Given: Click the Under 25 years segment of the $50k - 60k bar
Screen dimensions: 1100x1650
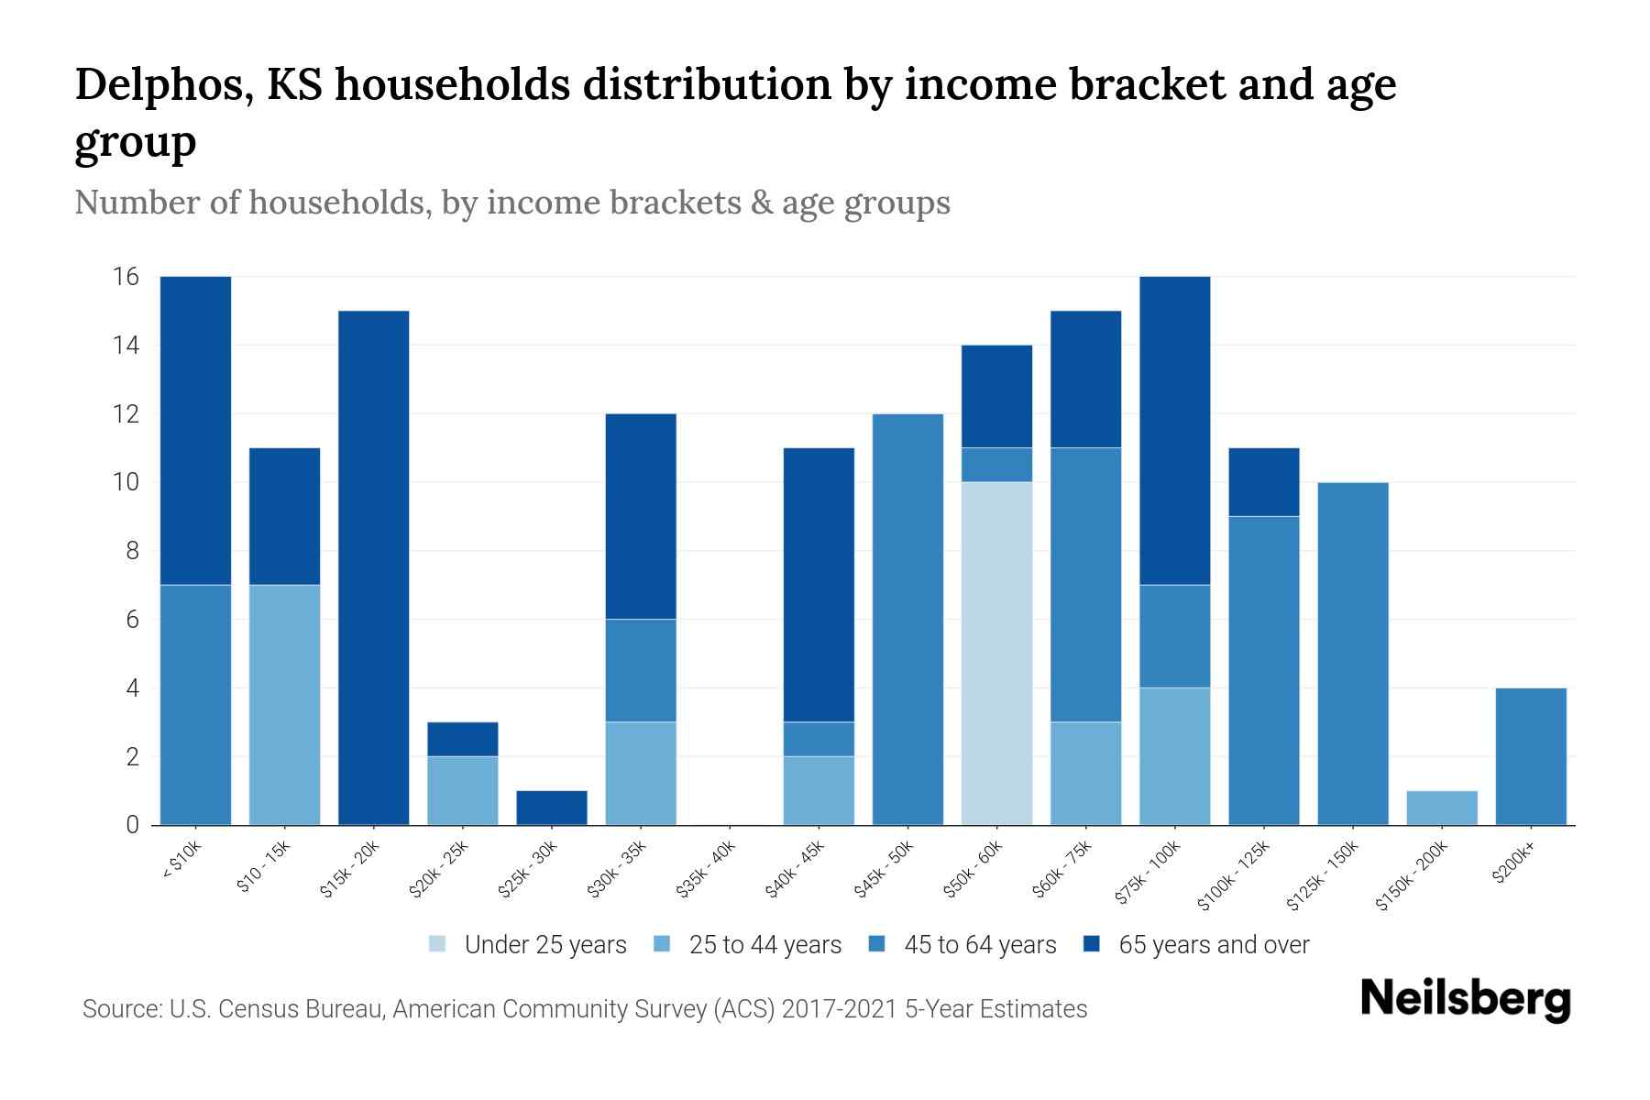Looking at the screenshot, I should tap(996, 653).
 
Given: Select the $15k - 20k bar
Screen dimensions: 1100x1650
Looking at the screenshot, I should tap(374, 567).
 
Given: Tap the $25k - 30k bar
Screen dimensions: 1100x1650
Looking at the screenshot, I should tap(552, 808).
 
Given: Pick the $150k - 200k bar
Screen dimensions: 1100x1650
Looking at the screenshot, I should tap(1442, 808).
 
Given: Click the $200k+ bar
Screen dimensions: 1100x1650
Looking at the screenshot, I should tap(1531, 756).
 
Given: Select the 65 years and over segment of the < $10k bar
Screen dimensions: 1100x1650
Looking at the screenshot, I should tap(195, 430).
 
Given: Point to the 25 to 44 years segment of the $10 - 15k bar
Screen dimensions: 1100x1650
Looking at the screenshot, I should tap(285, 704).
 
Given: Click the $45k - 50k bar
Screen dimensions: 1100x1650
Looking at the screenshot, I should tap(907, 619).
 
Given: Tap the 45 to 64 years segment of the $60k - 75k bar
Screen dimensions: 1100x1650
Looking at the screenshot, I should tap(1085, 584).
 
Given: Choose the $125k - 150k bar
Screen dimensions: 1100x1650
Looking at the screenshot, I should tap(1353, 653).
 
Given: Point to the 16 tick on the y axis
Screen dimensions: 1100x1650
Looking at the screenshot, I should tap(126, 277).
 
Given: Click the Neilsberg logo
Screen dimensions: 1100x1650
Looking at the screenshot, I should tap(1465, 999).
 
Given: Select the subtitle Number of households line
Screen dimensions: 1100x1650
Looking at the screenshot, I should tap(512, 203).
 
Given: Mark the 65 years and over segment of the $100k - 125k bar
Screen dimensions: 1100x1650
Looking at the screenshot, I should tap(1264, 482).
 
